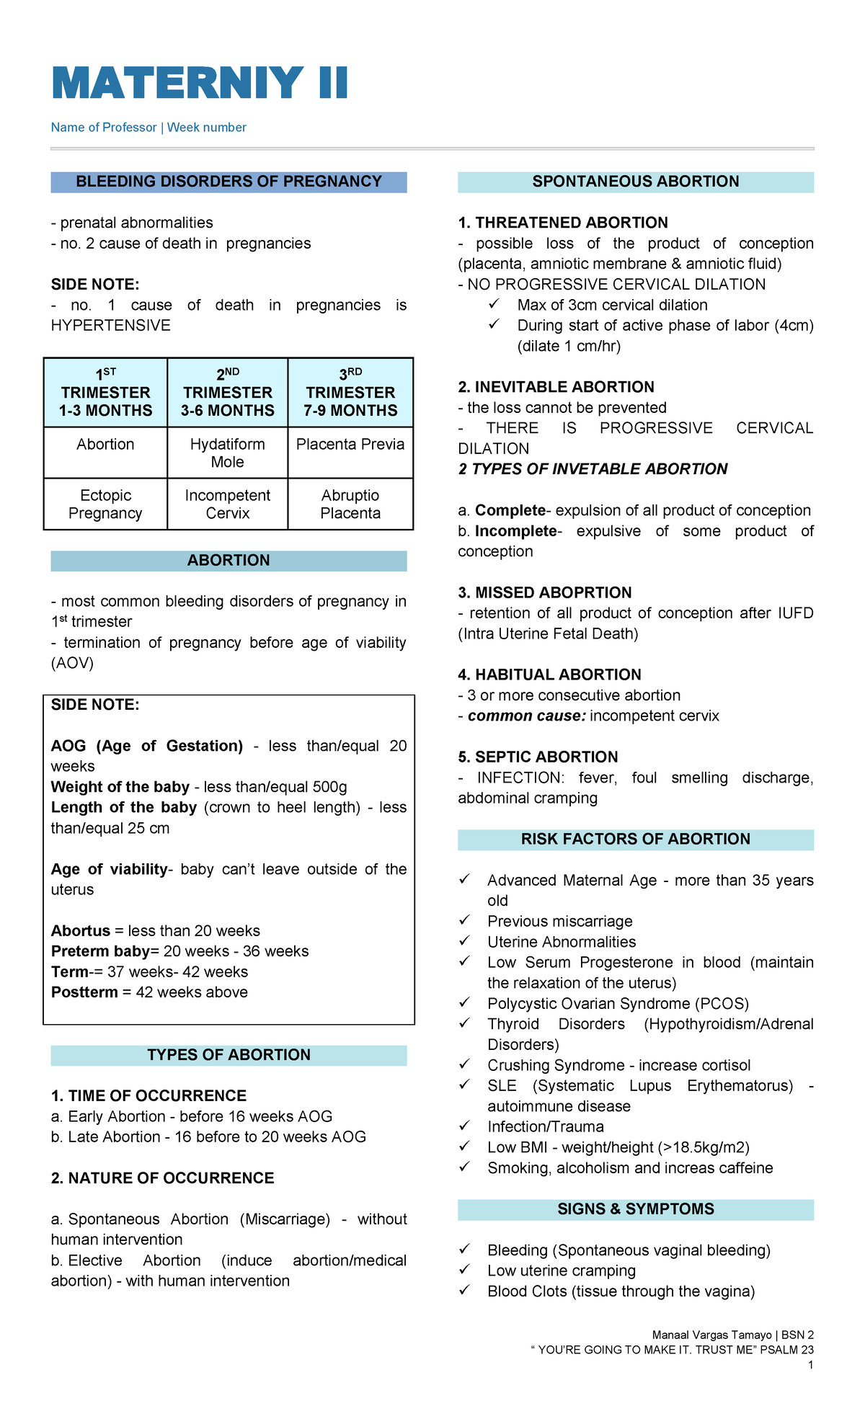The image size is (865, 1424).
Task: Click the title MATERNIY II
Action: coord(200,83)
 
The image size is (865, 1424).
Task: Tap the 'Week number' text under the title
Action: coord(206,128)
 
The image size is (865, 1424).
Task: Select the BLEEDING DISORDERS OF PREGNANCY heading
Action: coord(229,182)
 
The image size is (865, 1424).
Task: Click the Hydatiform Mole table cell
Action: coord(227,453)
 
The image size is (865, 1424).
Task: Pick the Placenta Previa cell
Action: coord(350,445)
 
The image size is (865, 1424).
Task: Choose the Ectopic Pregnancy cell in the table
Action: coord(105,504)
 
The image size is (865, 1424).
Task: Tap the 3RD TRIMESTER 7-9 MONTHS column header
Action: coord(350,393)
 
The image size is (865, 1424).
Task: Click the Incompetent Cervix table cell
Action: coord(227,504)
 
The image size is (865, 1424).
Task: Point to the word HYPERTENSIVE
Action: coord(110,326)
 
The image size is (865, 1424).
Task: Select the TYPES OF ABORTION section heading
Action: coord(229,1055)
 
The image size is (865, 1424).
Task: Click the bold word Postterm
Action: coord(84,992)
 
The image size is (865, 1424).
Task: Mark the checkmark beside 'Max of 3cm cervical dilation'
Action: coord(494,304)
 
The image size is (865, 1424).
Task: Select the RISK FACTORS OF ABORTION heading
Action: coord(635,839)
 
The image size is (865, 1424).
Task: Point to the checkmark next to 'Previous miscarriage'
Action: coord(465,920)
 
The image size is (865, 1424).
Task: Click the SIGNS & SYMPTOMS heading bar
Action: coord(635,1209)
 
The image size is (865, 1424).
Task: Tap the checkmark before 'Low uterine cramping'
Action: coord(465,1270)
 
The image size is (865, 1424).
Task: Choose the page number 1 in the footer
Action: coord(811,1365)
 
